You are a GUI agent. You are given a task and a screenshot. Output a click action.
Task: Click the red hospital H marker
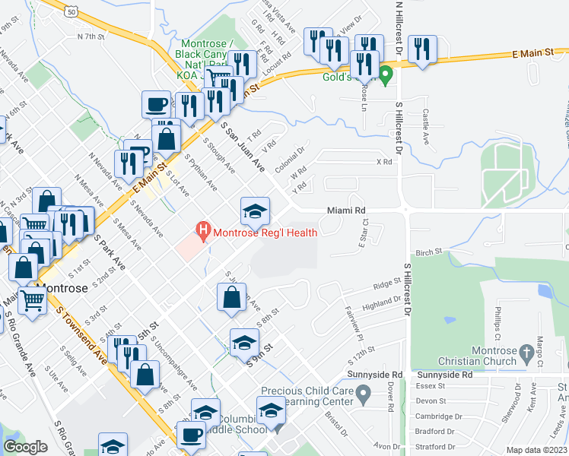click(203, 229)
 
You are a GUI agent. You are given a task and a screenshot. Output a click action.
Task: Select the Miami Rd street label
click(347, 209)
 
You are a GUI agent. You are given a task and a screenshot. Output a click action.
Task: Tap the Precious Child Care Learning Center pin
click(364, 394)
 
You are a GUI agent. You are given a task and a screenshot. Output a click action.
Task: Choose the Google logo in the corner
click(25, 447)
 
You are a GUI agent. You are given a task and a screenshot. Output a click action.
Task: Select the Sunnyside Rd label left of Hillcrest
click(374, 375)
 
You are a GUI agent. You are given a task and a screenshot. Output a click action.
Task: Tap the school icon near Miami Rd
click(256, 211)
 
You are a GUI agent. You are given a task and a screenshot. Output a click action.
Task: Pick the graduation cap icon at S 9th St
click(244, 343)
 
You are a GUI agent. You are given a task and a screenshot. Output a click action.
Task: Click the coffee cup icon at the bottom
click(190, 435)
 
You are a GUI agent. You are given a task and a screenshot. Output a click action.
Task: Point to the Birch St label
click(429, 252)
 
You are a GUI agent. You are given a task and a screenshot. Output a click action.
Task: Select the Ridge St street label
click(386, 285)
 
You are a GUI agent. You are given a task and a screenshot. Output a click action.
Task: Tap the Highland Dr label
click(381, 302)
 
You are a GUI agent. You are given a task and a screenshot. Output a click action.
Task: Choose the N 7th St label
click(91, 36)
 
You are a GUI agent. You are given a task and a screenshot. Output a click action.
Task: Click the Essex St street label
click(431, 385)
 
